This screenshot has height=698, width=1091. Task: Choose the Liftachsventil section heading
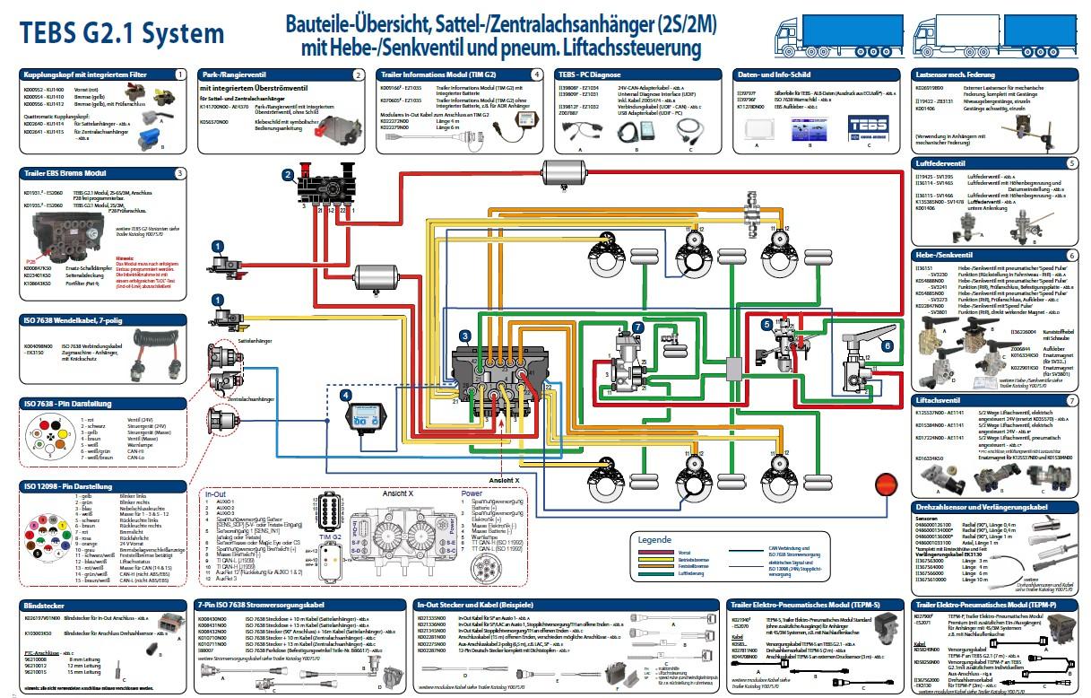[x=938, y=399]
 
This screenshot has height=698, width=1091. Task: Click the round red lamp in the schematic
[x=886, y=484]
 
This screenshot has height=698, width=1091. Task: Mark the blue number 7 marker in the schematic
[x=637, y=327]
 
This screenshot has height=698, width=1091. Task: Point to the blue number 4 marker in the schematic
[x=346, y=394]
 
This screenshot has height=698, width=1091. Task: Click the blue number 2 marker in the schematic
[x=288, y=173]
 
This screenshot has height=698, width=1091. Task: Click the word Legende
[x=654, y=539]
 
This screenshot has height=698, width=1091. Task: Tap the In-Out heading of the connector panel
[x=216, y=493]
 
